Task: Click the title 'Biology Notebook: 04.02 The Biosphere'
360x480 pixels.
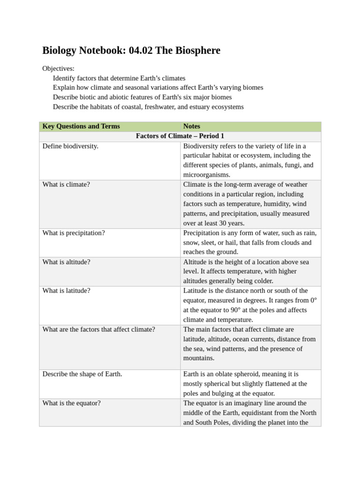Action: (x=131, y=51)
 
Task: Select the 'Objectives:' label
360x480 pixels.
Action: (x=58, y=68)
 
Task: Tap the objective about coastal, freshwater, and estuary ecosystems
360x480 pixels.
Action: (x=148, y=107)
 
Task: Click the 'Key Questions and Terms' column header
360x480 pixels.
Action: (x=81, y=126)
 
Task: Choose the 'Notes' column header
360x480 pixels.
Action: (x=192, y=126)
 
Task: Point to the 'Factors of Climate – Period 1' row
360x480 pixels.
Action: (x=180, y=136)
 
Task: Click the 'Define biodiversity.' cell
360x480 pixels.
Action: (x=70, y=146)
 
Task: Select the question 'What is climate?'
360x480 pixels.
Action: (x=66, y=184)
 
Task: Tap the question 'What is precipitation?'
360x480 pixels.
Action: (x=74, y=232)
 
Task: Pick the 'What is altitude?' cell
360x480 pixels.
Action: (x=67, y=262)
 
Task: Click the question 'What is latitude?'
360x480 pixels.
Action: (x=67, y=291)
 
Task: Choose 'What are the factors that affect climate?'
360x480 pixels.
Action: (x=98, y=329)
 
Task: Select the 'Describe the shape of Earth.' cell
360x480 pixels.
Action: (x=82, y=374)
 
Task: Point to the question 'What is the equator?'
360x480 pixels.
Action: (x=71, y=403)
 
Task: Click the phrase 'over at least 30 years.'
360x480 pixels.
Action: (x=214, y=223)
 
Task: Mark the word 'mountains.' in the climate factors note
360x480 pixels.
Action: (x=199, y=358)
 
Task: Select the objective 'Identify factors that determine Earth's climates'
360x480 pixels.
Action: (x=119, y=78)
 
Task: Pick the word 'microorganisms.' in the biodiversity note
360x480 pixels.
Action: (x=207, y=175)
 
